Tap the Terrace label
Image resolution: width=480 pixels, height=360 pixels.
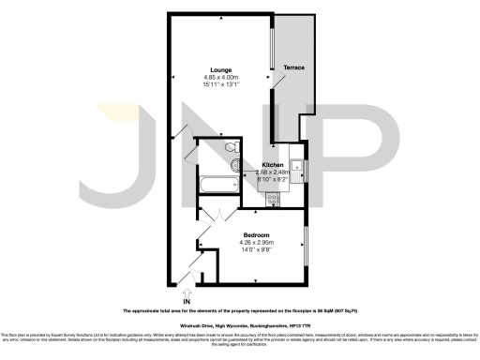(x=293, y=67)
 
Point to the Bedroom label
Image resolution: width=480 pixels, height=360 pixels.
(x=257, y=234)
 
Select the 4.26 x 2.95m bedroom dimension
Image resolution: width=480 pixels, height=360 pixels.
(x=257, y=243)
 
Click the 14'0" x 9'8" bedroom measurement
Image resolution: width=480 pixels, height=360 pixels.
(x=257, y=250)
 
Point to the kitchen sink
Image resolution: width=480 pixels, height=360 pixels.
(x=297, y=170)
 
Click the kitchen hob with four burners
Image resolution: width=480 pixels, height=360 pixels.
(x=274, y=198)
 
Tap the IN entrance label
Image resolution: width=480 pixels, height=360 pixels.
(x=187, y=300)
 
